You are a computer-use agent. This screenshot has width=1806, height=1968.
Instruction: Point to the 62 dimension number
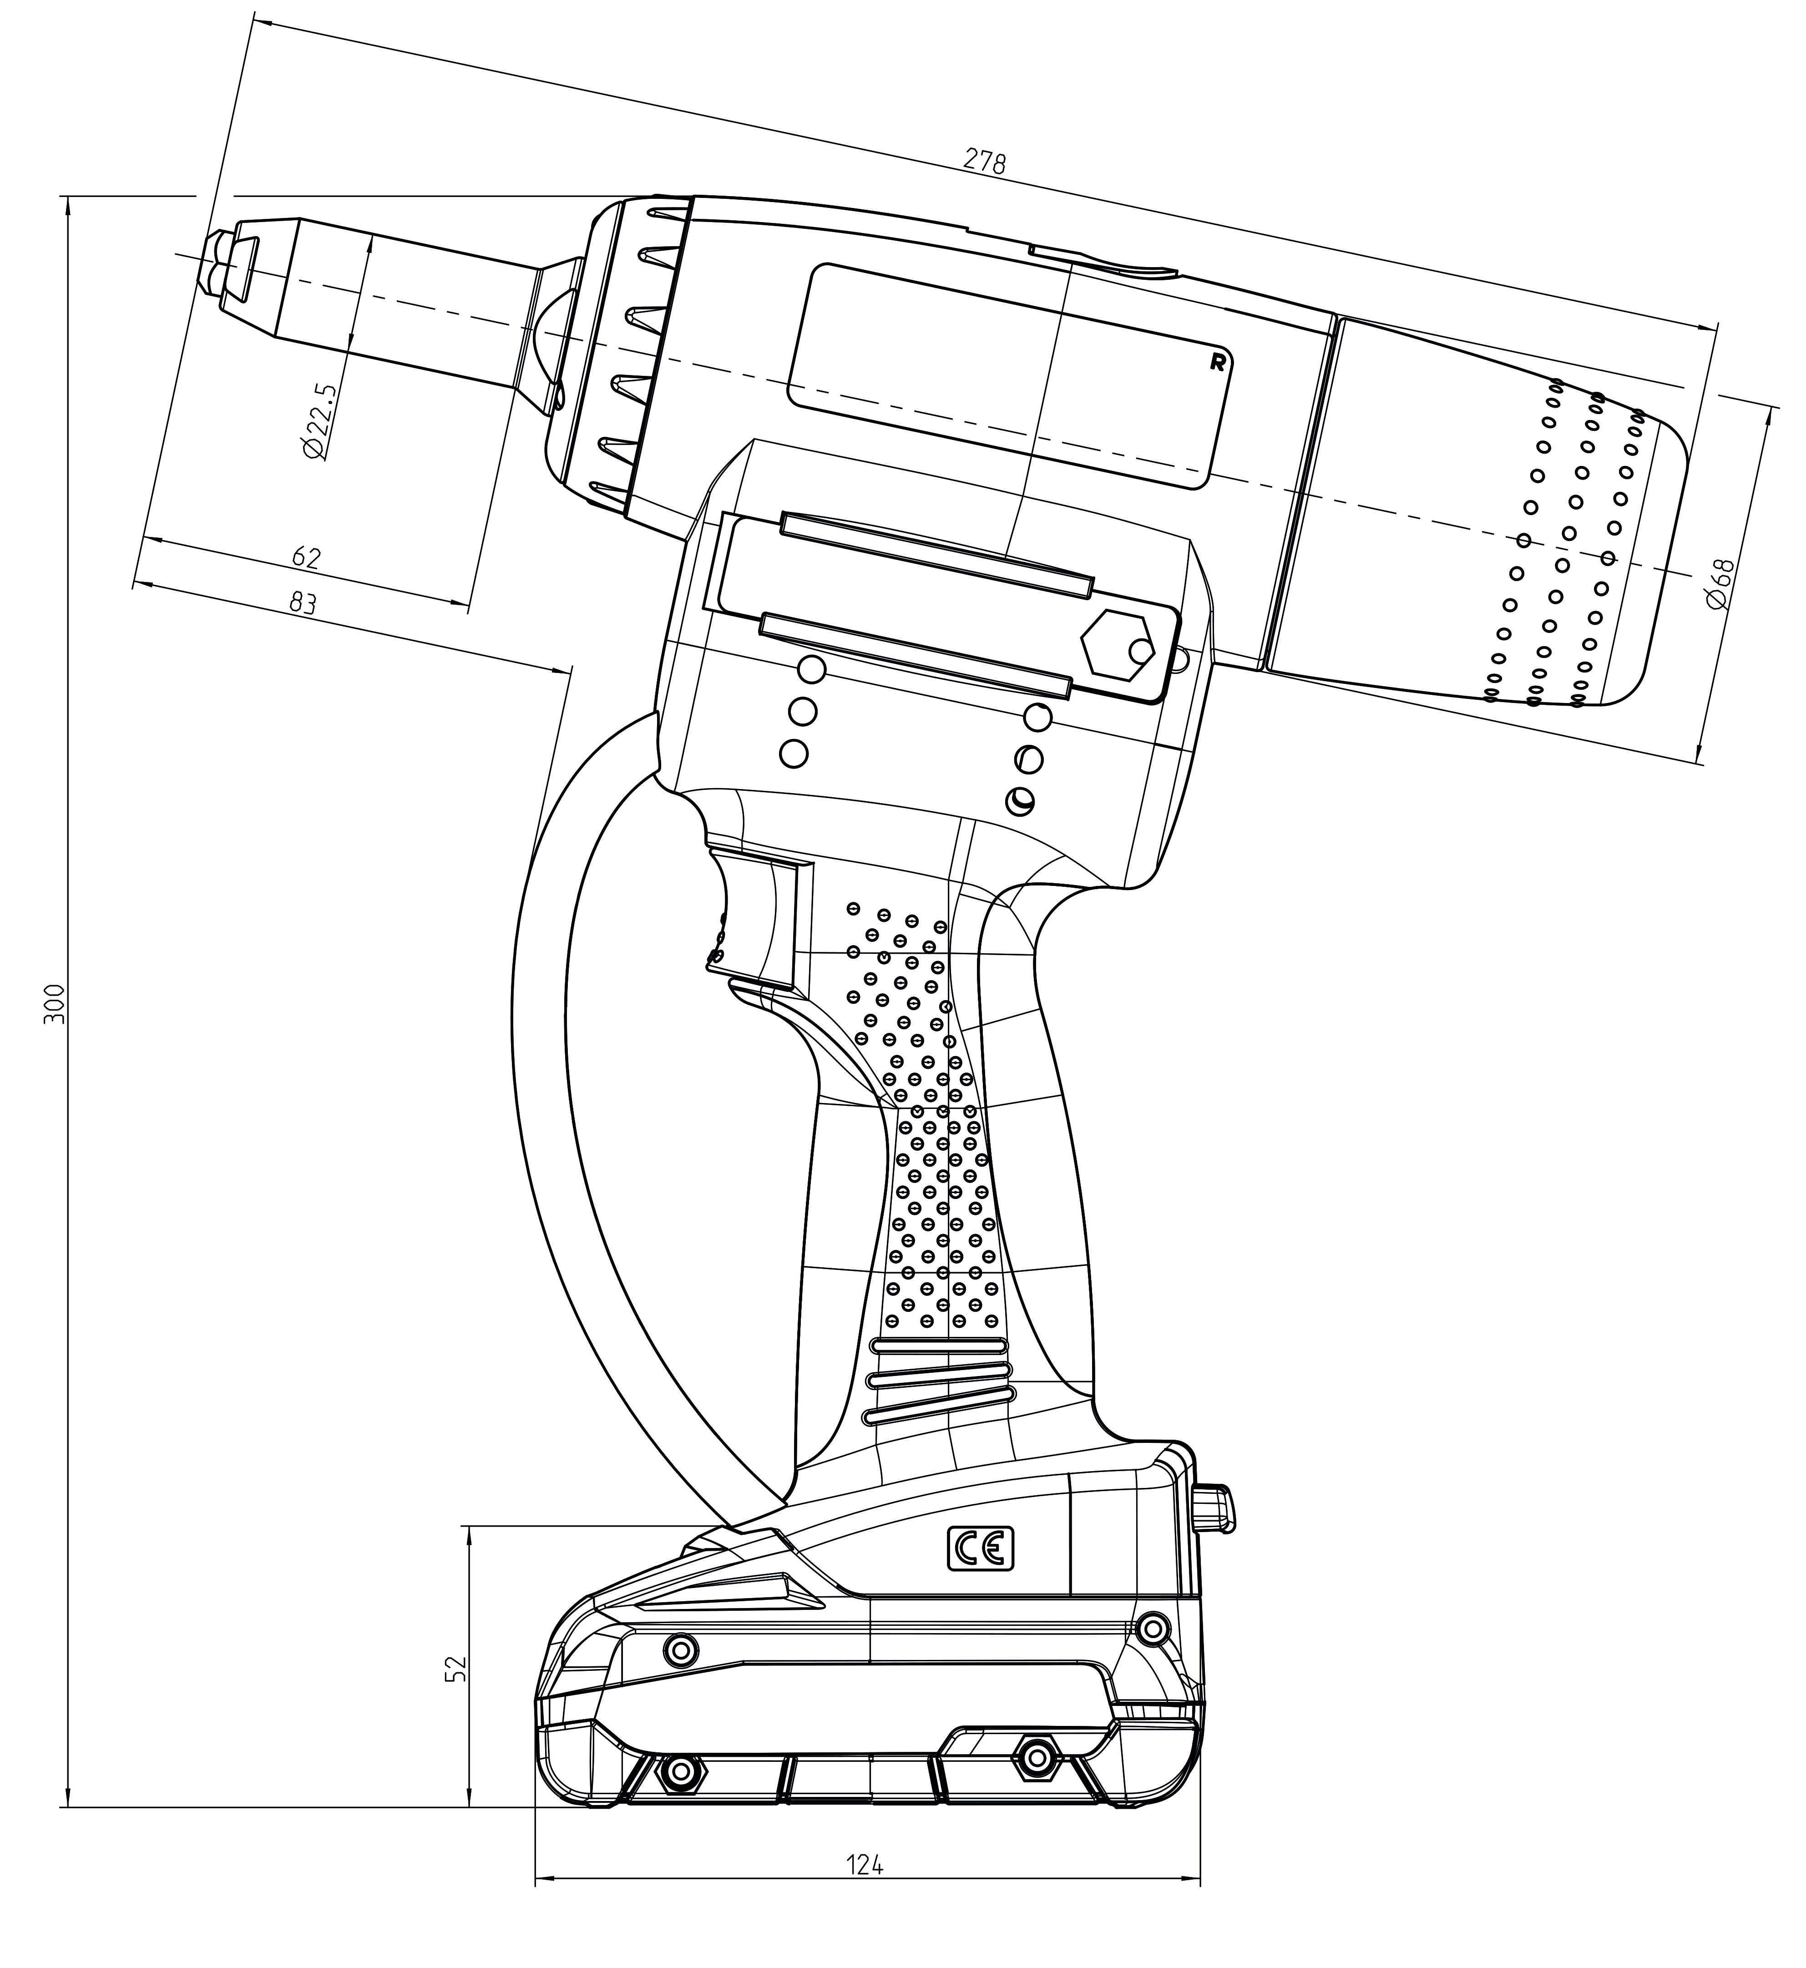pyautogui.click(x=306, y=557)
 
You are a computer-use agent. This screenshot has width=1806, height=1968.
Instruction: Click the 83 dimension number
pyautogui.click(x=303, y=603)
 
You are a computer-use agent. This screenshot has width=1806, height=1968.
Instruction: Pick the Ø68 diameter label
pyautogui.click(x=1720, y=584)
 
